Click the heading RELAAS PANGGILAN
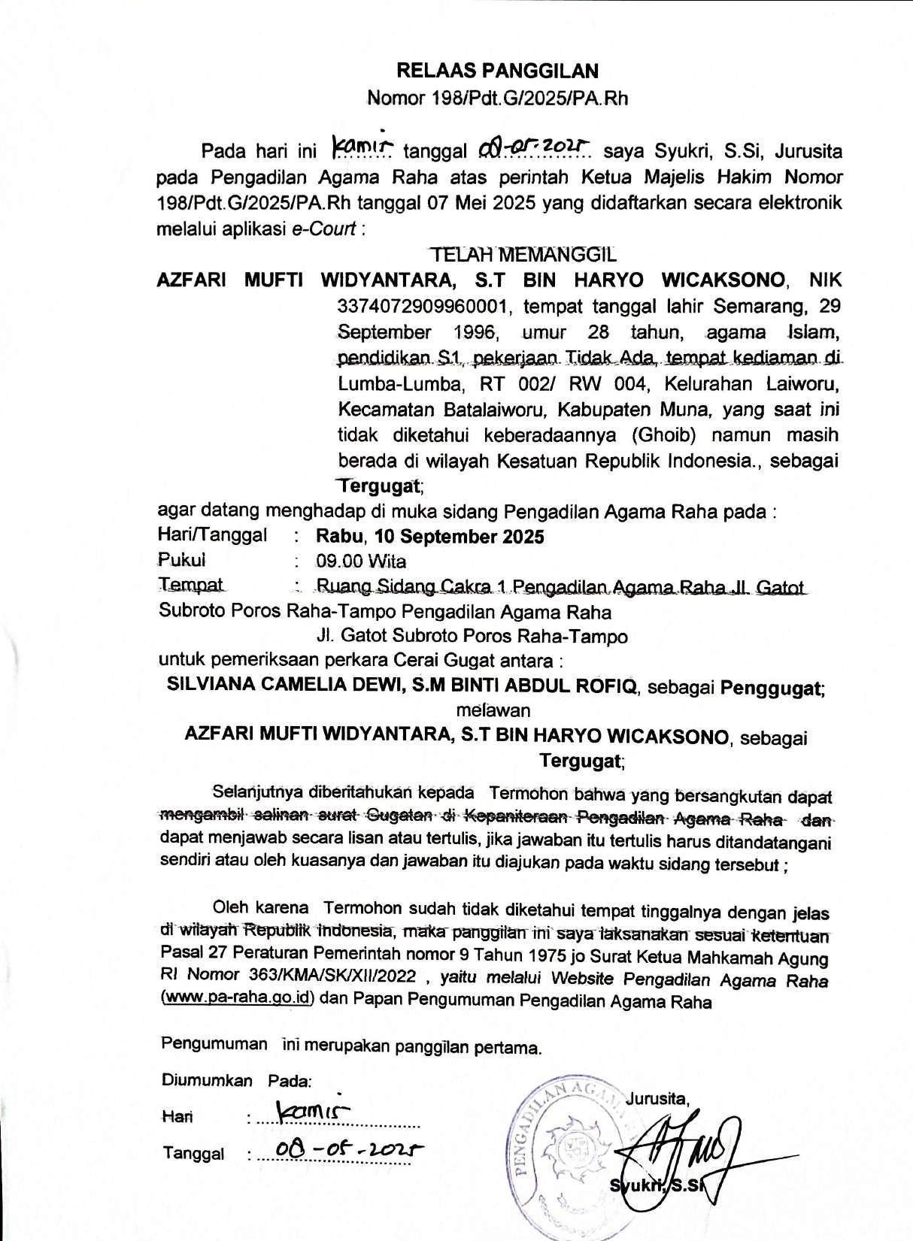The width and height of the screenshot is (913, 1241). (x=497, y=71)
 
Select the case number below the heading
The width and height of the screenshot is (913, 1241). (x=497, y=98)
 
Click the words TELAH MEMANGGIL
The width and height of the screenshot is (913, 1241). (x=521, y=254)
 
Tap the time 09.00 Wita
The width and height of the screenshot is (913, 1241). (x=361, y=561)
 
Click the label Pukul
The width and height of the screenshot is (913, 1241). (x=181, y=560)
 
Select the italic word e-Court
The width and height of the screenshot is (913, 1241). (x=323, y=229)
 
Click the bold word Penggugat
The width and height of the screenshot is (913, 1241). (x=771, y=687)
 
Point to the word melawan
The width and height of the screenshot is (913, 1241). (x=493, y=710)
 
